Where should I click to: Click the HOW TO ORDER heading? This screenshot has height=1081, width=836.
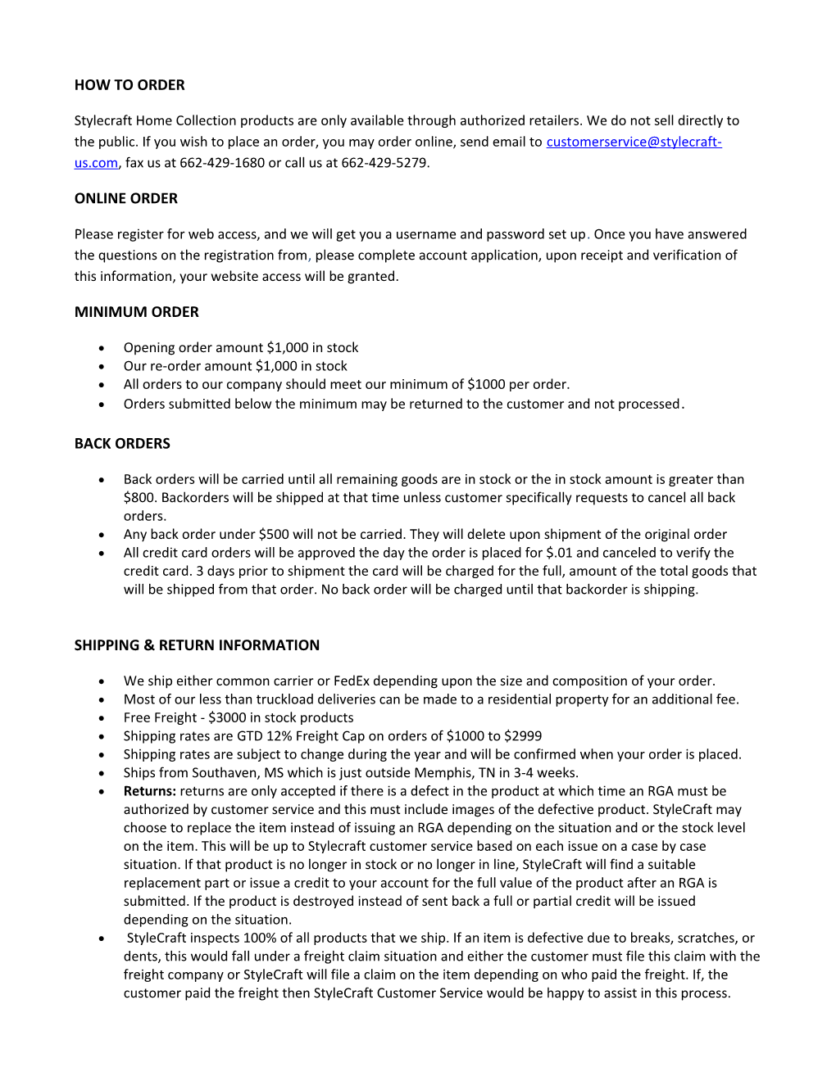coord(129,85)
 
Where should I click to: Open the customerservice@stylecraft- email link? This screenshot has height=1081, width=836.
coord(634,142)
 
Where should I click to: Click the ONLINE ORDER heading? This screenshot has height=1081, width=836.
coord(126,198)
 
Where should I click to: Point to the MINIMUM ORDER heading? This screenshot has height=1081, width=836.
coord(137,312)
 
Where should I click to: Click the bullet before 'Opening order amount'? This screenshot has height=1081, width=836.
coord(102,348)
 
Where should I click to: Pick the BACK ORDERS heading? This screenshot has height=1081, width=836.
coord(122,444)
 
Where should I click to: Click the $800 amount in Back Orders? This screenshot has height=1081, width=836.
coord(141,498)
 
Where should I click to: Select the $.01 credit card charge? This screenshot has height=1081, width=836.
coord(559,553)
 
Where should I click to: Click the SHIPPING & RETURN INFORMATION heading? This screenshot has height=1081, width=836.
coord(197,645)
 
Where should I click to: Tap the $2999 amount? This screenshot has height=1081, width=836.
coord(524,736)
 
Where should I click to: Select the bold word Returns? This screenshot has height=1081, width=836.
coord(150,791)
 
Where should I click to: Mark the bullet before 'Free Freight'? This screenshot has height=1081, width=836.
coord(102,718)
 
